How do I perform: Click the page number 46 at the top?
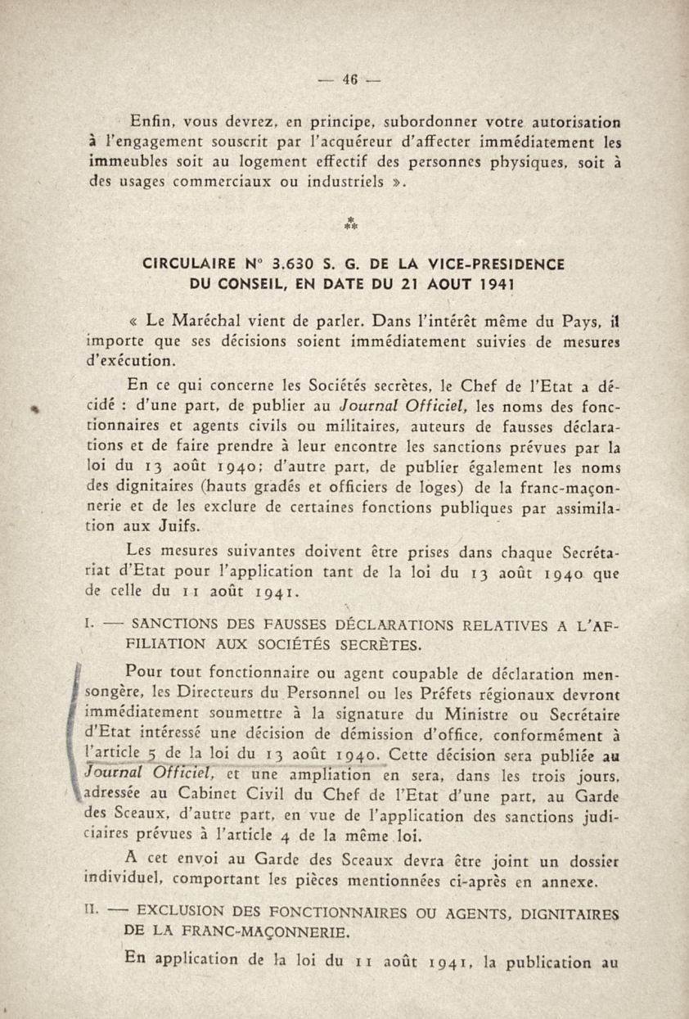[350, 79]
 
